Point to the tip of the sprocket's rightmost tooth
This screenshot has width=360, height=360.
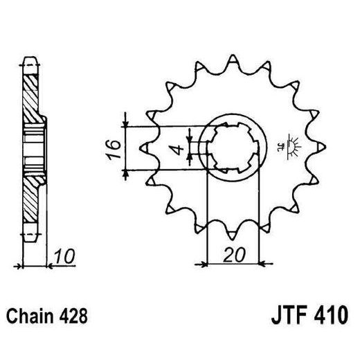(325, 147)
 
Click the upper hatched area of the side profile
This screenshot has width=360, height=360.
(31, 93)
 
